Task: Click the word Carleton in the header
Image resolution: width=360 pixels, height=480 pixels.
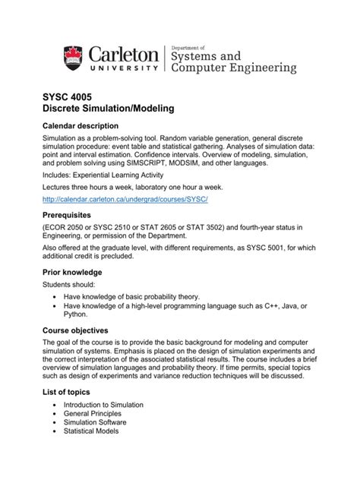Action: pos(125,54)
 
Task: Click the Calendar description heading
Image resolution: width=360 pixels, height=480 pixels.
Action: pos(80,125)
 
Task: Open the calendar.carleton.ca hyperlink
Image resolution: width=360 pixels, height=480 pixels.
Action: pos(125,199)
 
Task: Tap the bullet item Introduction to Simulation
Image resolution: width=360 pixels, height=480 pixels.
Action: pos(103,405)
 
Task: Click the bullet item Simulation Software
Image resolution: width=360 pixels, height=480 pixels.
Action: pos(95,422)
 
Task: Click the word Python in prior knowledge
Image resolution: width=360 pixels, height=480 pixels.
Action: pos(75,313)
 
